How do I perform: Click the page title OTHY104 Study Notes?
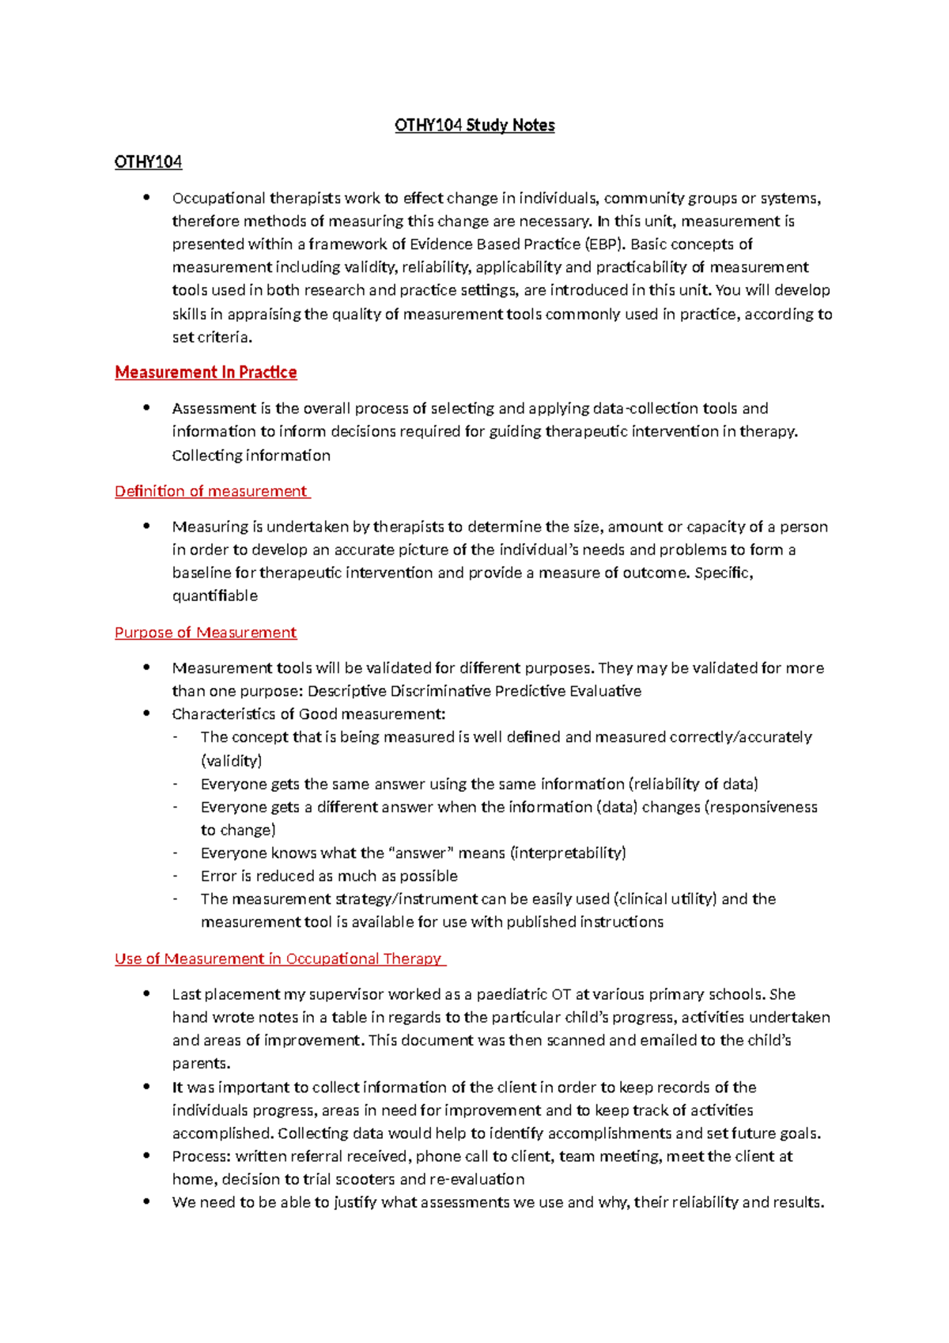pyautogui.click(x=475, y=125)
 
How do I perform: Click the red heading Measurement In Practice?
pyautogui.click(x=206, y=372)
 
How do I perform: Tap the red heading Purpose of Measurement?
pyautogui.click(x=206, y=632)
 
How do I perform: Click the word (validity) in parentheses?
pyautogui.click(x=231, y=761)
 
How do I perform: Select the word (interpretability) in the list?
pyautogui.click(x=568, y=853)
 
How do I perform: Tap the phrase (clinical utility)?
pyautogui.click(x=664, y=898)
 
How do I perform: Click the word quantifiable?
pyautogui.click(x=214, y=596)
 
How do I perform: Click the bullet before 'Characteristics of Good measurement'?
pyautogui.click(x=146, y=713)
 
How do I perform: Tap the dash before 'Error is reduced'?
pyautogui.click(x=175, y=876)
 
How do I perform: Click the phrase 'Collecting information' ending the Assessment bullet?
pyautogui.click(x=251, y=456)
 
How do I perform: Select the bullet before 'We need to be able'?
pyautogui.click(x=146, y=1201)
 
